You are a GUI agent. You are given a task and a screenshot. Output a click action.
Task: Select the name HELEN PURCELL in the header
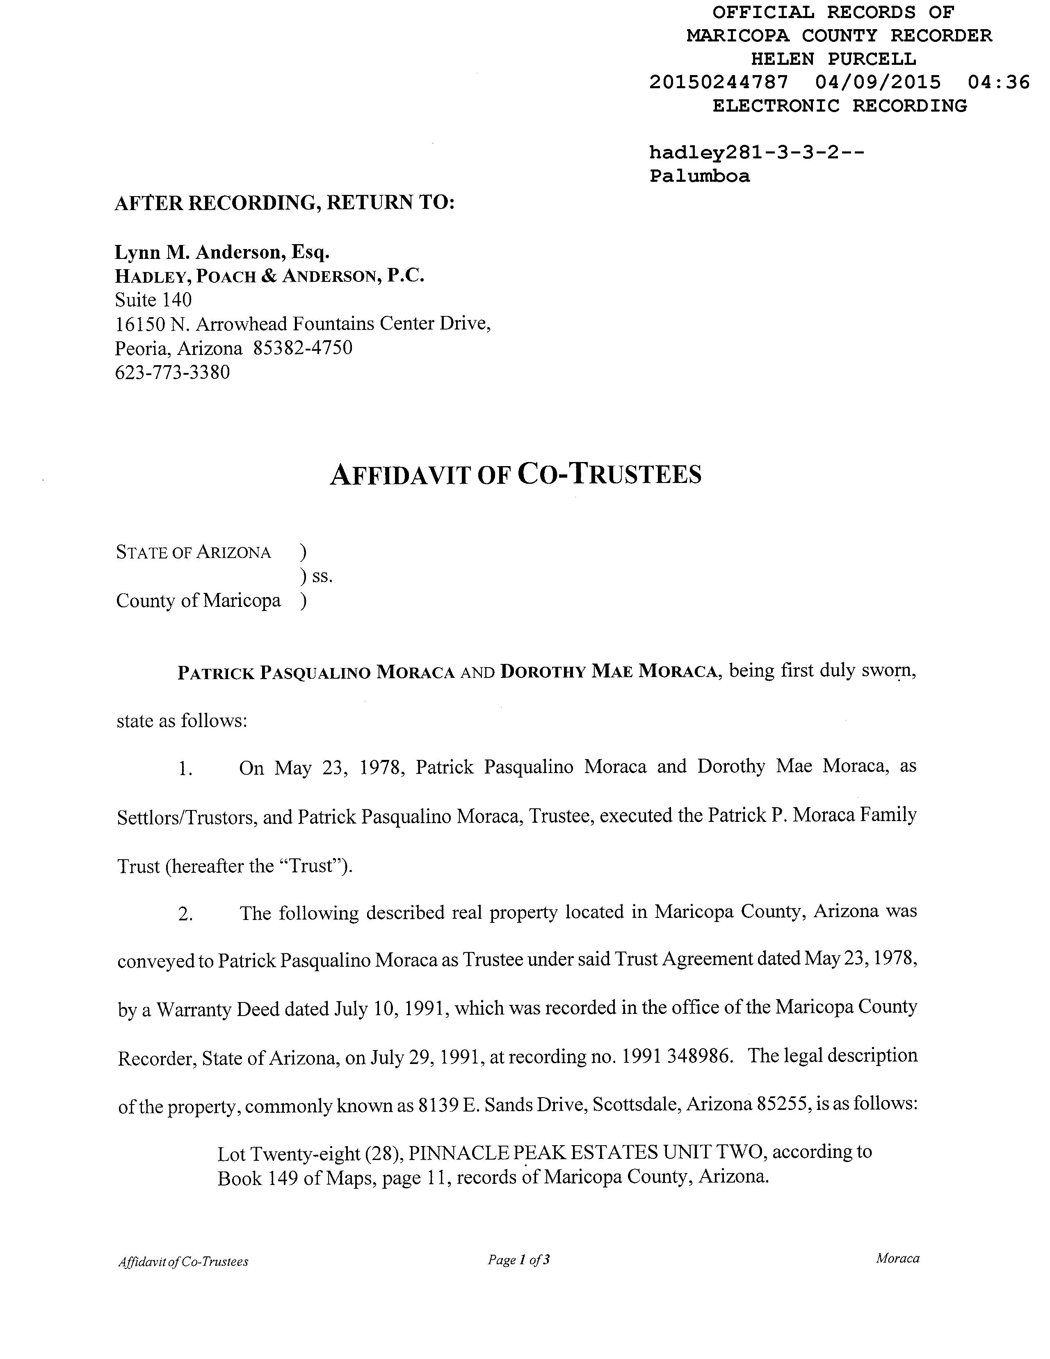[833, 59]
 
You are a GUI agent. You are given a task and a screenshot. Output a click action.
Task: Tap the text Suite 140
[153, 300]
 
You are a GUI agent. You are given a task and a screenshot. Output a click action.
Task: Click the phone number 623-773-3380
[172, 372]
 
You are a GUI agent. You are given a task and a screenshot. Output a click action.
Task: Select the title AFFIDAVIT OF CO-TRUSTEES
[515, 474]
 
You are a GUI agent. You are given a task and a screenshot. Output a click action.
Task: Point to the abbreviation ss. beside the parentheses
[322, 577]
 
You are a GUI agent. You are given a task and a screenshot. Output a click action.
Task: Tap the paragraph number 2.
[185, 914]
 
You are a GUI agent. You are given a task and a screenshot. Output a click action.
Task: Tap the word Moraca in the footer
[897, 1258]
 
